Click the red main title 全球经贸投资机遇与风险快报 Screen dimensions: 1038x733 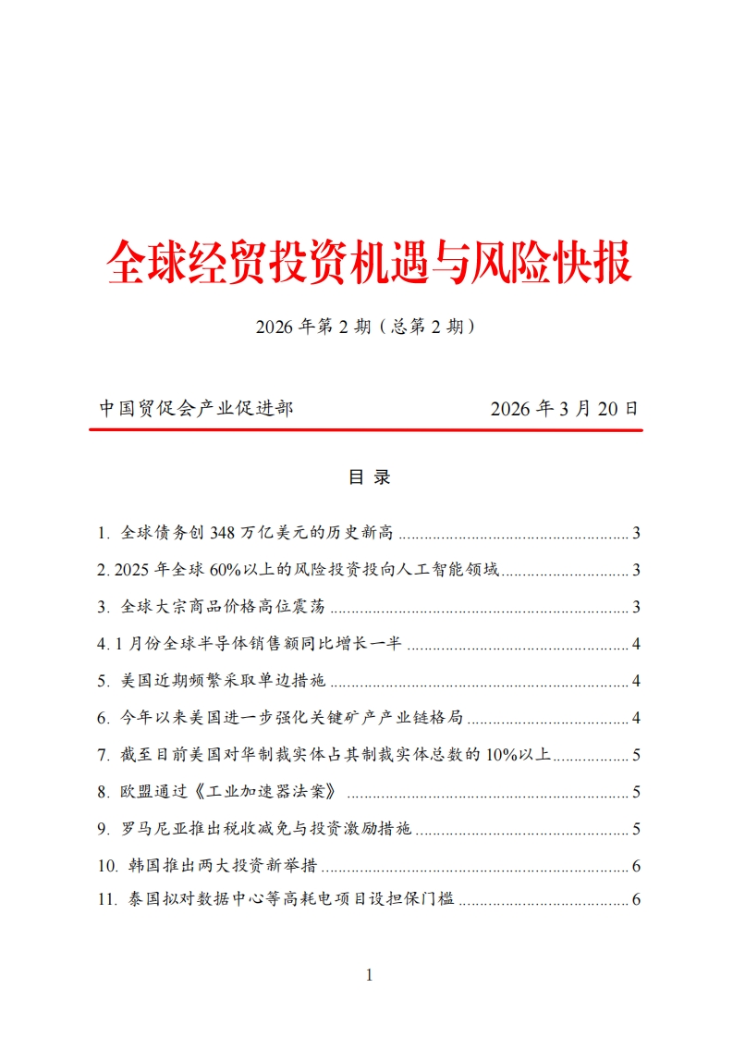point(368,263)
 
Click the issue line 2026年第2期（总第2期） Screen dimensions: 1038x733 point(367,327)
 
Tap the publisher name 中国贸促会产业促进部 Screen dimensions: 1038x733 point(195,408)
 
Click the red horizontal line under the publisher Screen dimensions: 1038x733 point(366,430)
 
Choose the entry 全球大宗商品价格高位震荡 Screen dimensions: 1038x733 point(225,607)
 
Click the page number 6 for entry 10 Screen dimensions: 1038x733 point(636,867)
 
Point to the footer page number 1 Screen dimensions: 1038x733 point(369,974)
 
